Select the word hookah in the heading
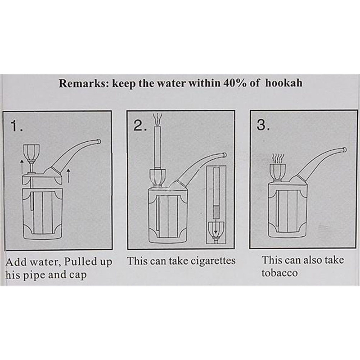pos(284,83)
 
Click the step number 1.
pos(17,126)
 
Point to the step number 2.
pos(140,126)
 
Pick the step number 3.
pos(263,125)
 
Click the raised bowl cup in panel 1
pos(31,152)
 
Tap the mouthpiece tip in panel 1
pos(99,141)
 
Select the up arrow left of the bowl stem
pos(22,167)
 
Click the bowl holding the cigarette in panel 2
pos(157,177)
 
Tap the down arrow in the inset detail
pos(216,229)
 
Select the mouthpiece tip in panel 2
pos(224,155)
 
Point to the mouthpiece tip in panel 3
pos(344,150)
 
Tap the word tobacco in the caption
pos(279,273)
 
